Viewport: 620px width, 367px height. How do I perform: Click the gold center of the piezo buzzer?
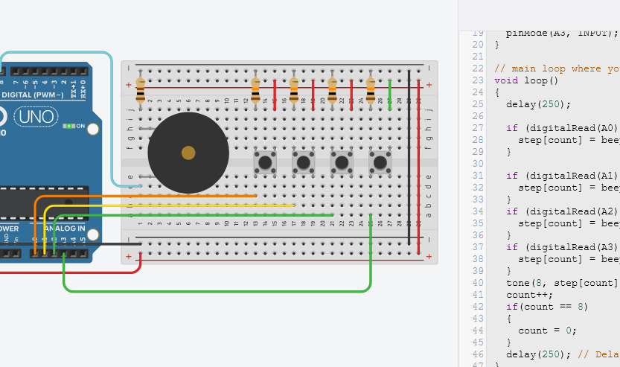coord(188,153)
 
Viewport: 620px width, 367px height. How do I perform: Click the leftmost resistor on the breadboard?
coord(140,91)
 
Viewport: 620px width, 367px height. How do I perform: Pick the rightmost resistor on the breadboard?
coord(371,91)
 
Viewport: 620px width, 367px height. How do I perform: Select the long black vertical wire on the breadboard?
coord(409,156)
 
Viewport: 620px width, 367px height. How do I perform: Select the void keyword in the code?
coord(505,80)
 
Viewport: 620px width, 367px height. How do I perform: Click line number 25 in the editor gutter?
coord(478,104)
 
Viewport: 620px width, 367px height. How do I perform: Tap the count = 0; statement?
coord(547,331)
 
